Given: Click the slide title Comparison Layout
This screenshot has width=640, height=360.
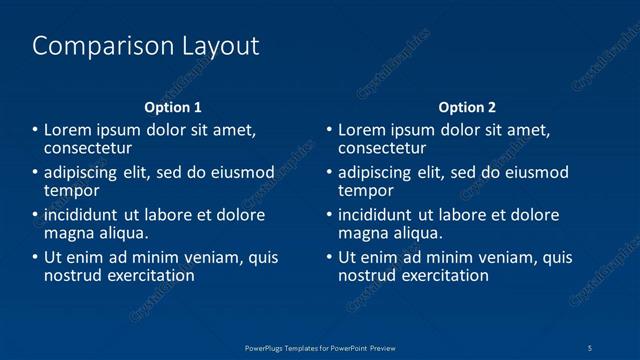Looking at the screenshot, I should coord(146,46).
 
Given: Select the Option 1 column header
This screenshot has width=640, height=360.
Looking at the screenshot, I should coord(173,107).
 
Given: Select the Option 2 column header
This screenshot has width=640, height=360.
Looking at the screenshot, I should coord(467,107).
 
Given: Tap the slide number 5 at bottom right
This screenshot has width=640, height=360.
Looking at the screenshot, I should coord(590,347).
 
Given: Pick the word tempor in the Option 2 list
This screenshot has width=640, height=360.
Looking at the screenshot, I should coord(366,191).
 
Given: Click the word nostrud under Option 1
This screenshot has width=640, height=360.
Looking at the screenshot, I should coord(72,275).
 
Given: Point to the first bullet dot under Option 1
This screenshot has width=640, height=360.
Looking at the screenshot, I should coord(35,130).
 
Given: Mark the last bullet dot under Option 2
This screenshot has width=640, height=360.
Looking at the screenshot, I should coord(329,257).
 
